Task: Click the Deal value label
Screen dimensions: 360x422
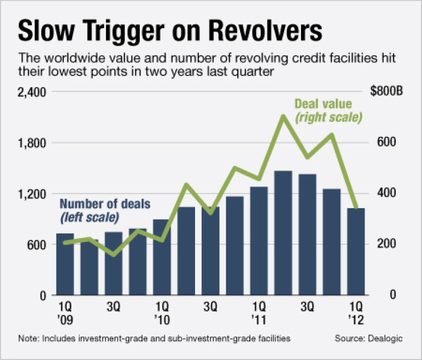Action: (x=323, y=104)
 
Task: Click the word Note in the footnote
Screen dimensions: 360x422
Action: (x=27, y=338)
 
